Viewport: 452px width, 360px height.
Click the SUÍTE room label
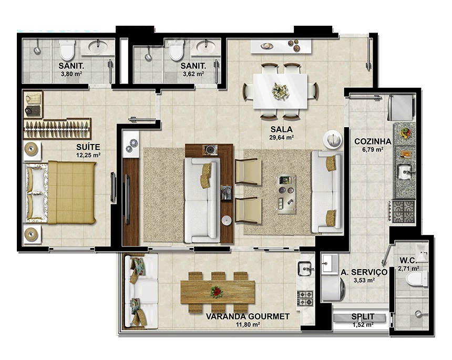88,147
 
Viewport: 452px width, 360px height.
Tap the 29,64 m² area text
281,138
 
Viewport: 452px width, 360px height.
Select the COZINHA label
373,141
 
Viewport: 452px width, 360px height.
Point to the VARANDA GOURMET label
248,316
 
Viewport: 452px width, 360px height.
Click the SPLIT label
363,317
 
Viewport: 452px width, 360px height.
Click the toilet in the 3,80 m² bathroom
67,50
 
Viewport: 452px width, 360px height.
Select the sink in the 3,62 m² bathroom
206,46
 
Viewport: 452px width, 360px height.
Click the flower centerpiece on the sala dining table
281,91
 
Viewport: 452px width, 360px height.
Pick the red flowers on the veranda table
217,292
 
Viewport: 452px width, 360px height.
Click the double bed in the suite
61,192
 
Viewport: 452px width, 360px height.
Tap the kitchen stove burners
404,212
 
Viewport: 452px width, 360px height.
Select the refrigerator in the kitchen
400,108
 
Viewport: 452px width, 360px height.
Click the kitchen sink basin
405,172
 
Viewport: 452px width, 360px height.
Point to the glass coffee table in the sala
286,194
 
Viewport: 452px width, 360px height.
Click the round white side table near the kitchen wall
332,139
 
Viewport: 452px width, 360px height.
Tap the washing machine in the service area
333,287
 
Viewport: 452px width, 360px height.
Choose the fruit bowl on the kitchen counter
405,133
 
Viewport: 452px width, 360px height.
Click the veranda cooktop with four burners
305,299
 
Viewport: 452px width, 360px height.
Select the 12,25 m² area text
88,155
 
